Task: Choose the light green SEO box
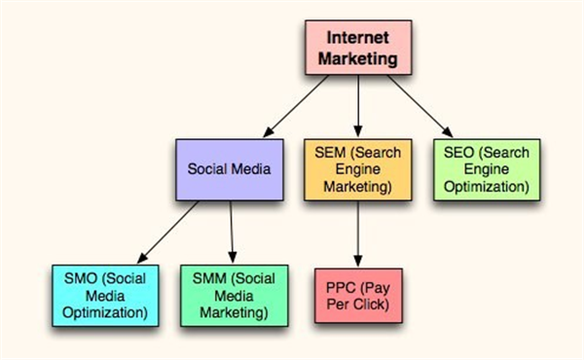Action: pyautogui.click(x=487, y=169)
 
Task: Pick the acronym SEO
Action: pyautogui.click(x=462, y=153)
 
